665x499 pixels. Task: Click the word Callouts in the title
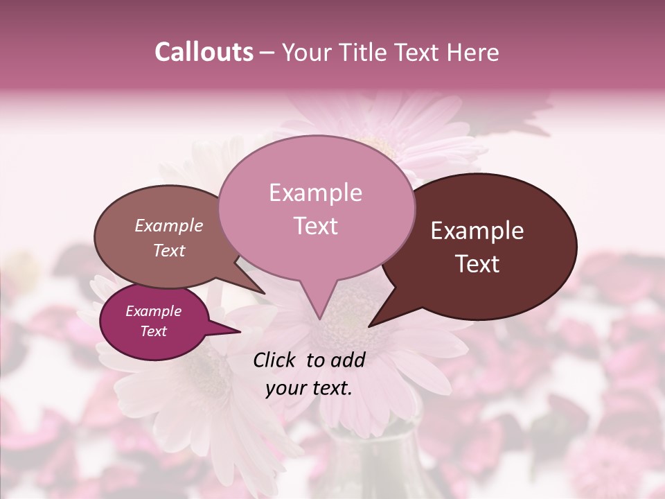click(x=204, y=52)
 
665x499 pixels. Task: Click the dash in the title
click(x=268, y=53)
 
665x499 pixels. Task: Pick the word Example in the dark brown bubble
click(x=477, y=231)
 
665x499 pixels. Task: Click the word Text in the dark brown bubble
click(x=477, y=264)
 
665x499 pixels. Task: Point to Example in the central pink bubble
click(x=315, y=193)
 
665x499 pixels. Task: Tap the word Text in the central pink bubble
click(x=315, y=226)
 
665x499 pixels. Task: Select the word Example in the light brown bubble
click(x=168, y=226)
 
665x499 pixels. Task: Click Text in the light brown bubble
click(x=168, y=250)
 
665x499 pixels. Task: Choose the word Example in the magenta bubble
click(x=153, y=311)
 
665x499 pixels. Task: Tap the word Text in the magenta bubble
click(x=153, y=331)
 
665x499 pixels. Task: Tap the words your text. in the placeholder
click(x=309, y=388)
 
